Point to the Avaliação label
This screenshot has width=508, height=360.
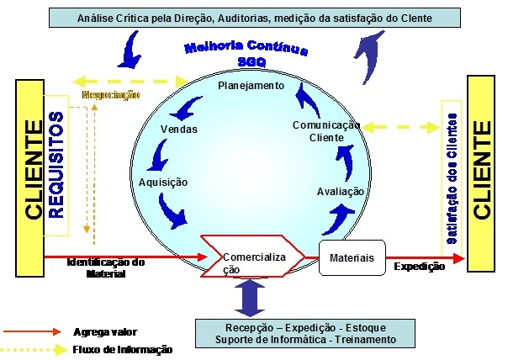341,191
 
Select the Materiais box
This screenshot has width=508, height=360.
352,252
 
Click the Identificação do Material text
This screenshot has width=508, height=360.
108,268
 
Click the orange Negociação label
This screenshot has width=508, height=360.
110,94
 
